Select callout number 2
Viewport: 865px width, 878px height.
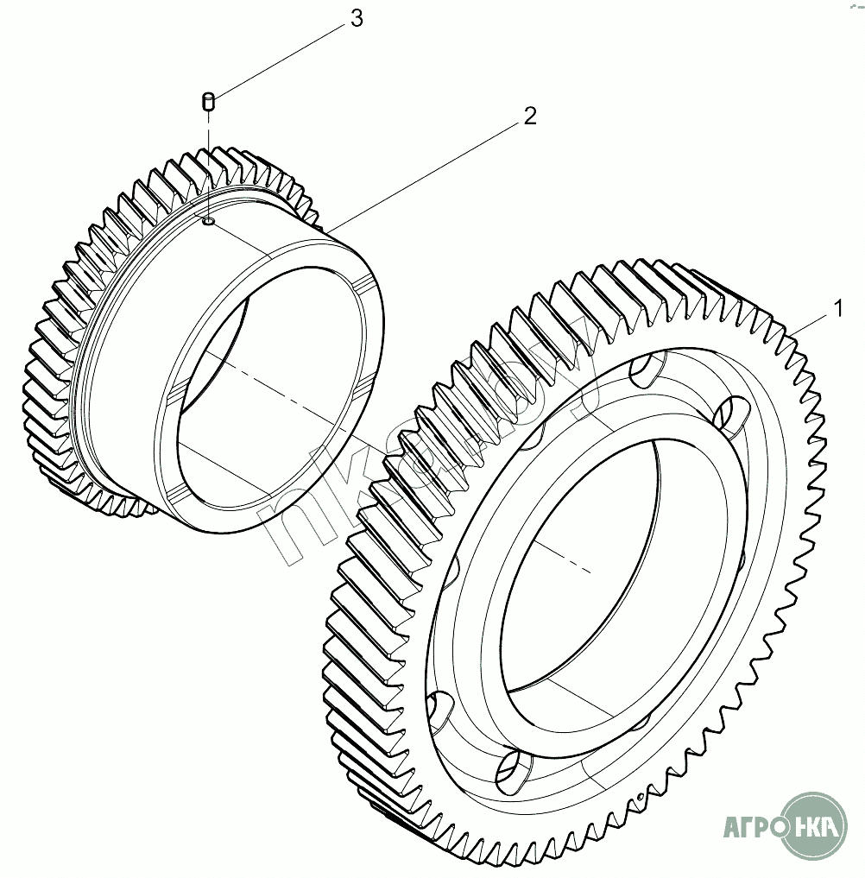pos(529,117)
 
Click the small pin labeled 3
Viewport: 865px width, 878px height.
pos(208,103)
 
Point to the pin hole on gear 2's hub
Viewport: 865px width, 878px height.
pos(209,222)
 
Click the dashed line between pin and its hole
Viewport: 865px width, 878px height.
pos(208,164)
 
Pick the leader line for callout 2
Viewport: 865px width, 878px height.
pos(423,172)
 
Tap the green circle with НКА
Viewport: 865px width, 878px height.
pos(816,825)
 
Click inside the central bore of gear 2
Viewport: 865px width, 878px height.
pos(259,406)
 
